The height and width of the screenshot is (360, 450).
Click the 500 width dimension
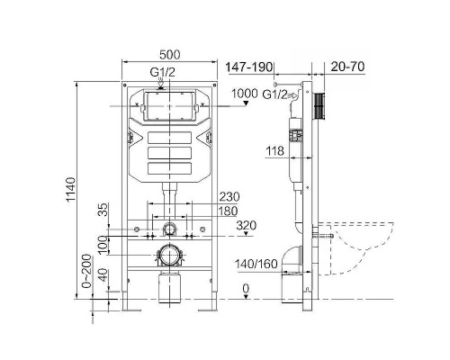tap(169, 53)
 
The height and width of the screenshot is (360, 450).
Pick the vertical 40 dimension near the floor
tap(103, 275)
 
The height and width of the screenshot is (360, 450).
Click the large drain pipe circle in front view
tap(168, 253)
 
